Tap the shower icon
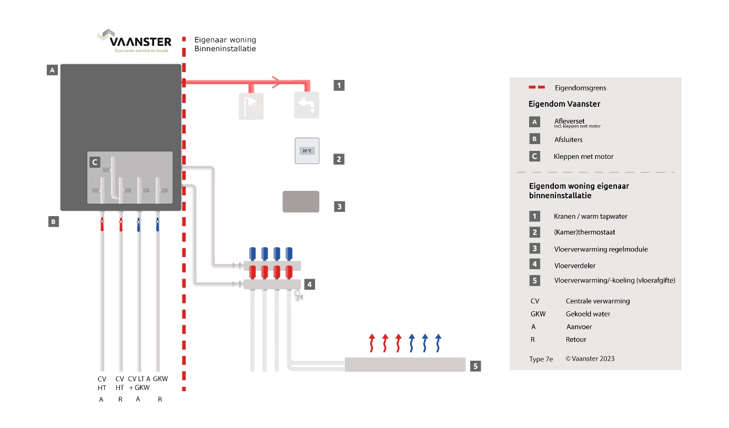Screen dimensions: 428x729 tap(251, 106)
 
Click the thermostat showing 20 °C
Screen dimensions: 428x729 tap(307, 151)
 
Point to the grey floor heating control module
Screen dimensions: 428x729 tap(301, 201)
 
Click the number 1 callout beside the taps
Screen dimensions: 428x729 tap(339, 85)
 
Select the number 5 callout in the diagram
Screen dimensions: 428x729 tap(475, 365)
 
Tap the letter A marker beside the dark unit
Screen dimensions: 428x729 tap(52, 70)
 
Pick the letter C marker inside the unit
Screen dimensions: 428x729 tap(95, 162)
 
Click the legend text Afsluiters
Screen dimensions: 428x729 tap(568, 140)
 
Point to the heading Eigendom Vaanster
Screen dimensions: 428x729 tap(564, 104)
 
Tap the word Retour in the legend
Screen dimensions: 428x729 tap(576, 340)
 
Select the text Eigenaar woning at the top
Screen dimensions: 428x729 tap(225, 40)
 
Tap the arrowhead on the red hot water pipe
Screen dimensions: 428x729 tap(275, 81)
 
